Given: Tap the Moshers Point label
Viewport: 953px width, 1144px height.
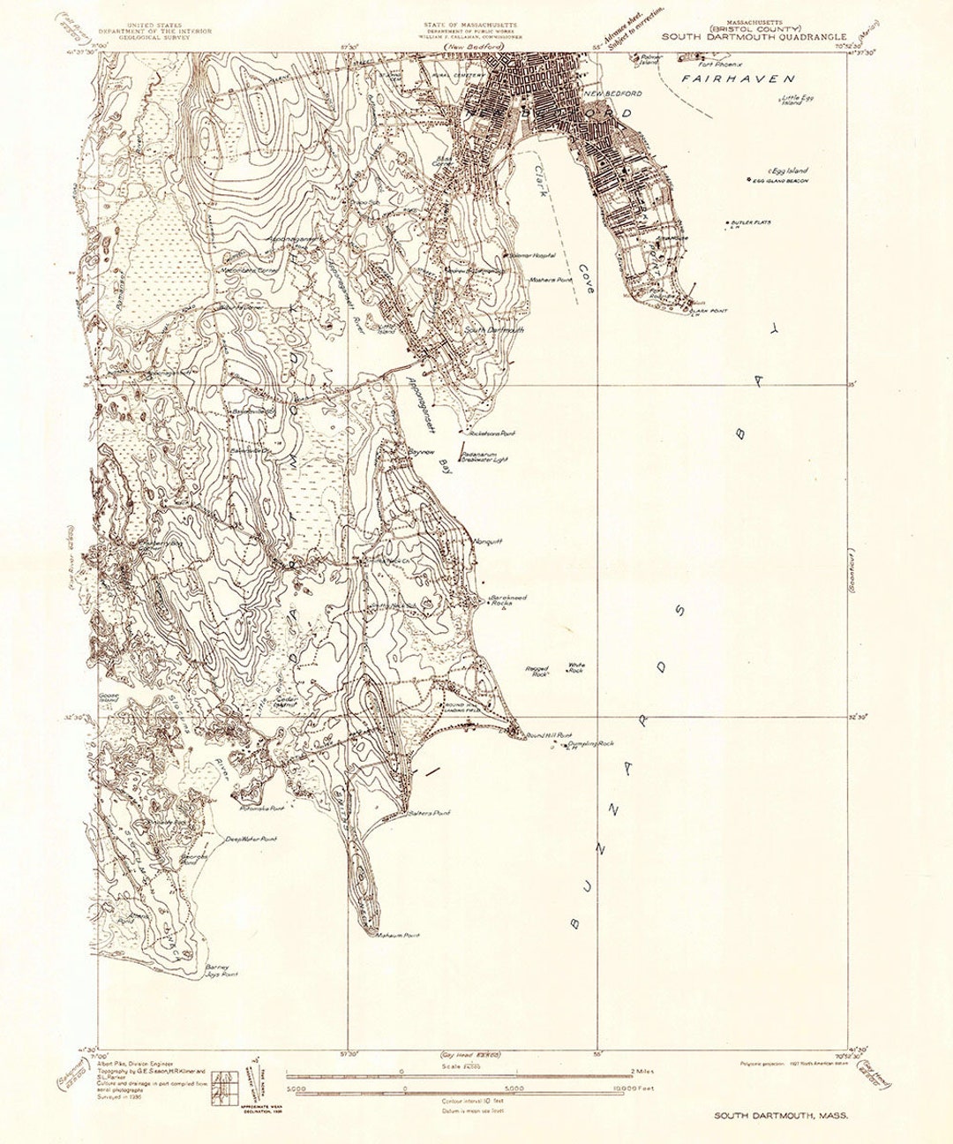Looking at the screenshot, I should click(551, 280).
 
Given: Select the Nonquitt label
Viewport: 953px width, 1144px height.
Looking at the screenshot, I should click(487, 541).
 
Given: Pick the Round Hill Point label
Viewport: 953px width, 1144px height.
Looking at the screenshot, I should click(550, 734).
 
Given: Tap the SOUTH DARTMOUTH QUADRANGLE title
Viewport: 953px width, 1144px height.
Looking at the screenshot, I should click(754, 37).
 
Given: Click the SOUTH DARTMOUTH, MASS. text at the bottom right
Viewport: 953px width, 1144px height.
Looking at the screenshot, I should click(782, 1116).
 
